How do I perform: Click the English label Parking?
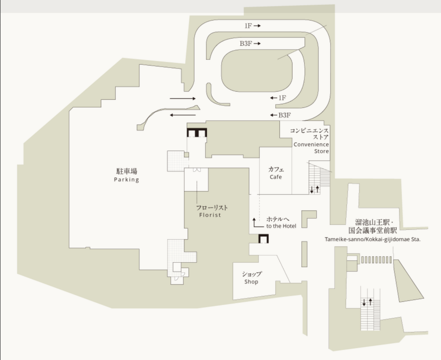[x=127, y=180]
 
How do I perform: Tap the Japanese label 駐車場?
[x=127, y=171]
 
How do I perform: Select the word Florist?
[x=210, y=215]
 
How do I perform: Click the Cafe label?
[x=275, y=177]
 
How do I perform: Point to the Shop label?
[x=251, y=282]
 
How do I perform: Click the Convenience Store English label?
[x=311, y=148]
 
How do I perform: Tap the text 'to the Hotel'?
[x=281, y=226]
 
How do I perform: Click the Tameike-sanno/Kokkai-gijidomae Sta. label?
[x=373, y=240]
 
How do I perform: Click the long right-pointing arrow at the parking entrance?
[x=183, y=99]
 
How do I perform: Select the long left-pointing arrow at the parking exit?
[x=183, y=115]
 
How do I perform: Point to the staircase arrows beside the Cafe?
[x=314, y=189]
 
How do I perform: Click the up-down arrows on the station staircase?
[x=367, y=302]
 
